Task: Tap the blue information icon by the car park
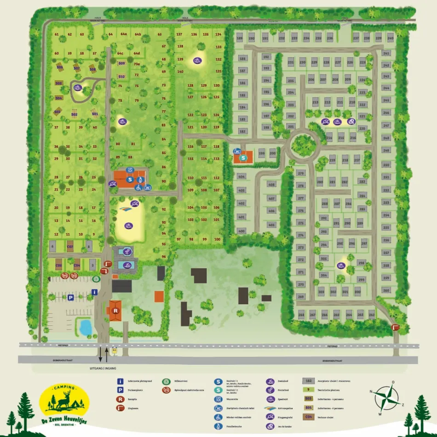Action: click(x=95, y=292)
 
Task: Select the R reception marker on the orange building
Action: click(x=115, y=310)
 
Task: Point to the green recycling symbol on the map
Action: click(x=96, y=278)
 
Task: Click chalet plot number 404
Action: click(x=241, y=176)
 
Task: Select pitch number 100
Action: click(x=217, y=239)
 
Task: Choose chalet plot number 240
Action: click(x=391, y=38)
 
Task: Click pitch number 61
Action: click(x=57, y=34)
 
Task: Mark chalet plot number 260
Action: click(x=386, y=290)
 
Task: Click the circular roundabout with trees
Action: click(x=303, y=144)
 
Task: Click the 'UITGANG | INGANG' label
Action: click(x=103, y=368)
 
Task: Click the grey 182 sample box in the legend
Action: click(x=309, y=381)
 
